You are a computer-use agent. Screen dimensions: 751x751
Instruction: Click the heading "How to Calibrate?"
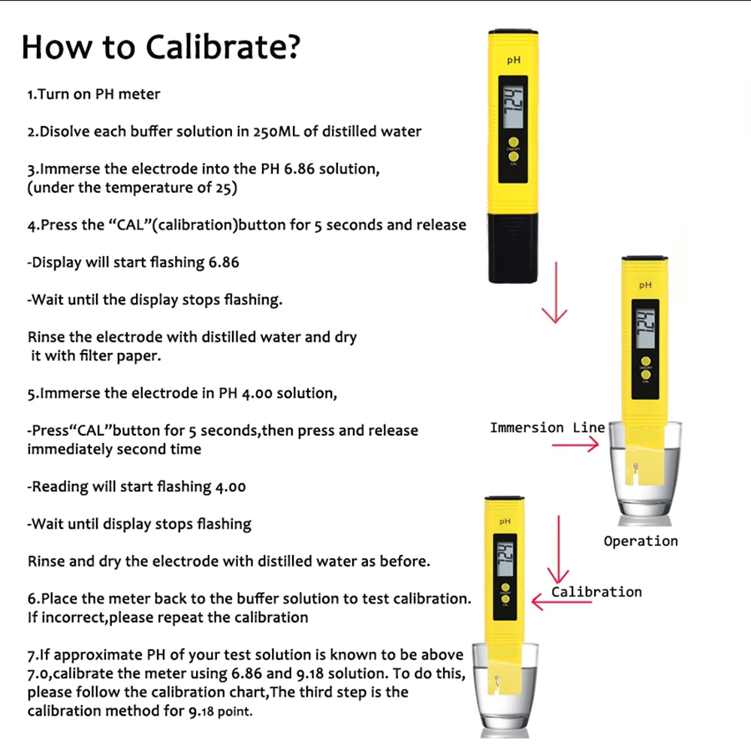coord(161,47)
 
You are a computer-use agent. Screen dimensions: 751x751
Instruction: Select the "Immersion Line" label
coord(547,427)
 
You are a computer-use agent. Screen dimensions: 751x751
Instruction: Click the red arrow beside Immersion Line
coord(575,445)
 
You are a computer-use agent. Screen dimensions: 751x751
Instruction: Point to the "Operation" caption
coord(641,541)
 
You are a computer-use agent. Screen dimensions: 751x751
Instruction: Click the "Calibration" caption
coord(597,592)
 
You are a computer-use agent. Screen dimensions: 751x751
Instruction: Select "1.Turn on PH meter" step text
coord(94,95)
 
